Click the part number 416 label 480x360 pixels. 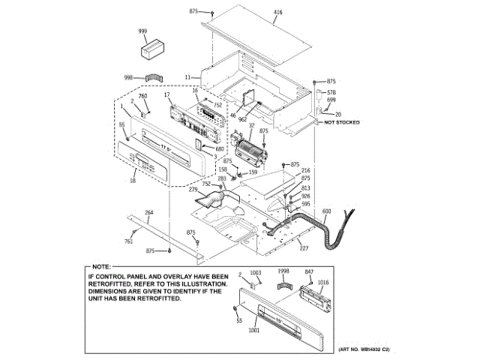point(278,13)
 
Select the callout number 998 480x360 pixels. point(128,77)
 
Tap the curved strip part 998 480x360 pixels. point(153,76)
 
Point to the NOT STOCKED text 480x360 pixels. point(342,121)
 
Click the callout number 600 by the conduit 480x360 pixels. point(326,212)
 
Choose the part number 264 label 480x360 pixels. point(149,213)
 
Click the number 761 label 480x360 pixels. point(128,241)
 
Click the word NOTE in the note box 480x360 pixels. point(100,267)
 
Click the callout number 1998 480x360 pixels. point(283,271)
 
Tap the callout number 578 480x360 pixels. point(331,91)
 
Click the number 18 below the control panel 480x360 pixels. point(133,181)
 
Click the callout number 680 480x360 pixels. point(220,148)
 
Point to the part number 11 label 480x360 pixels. point(188,76)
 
